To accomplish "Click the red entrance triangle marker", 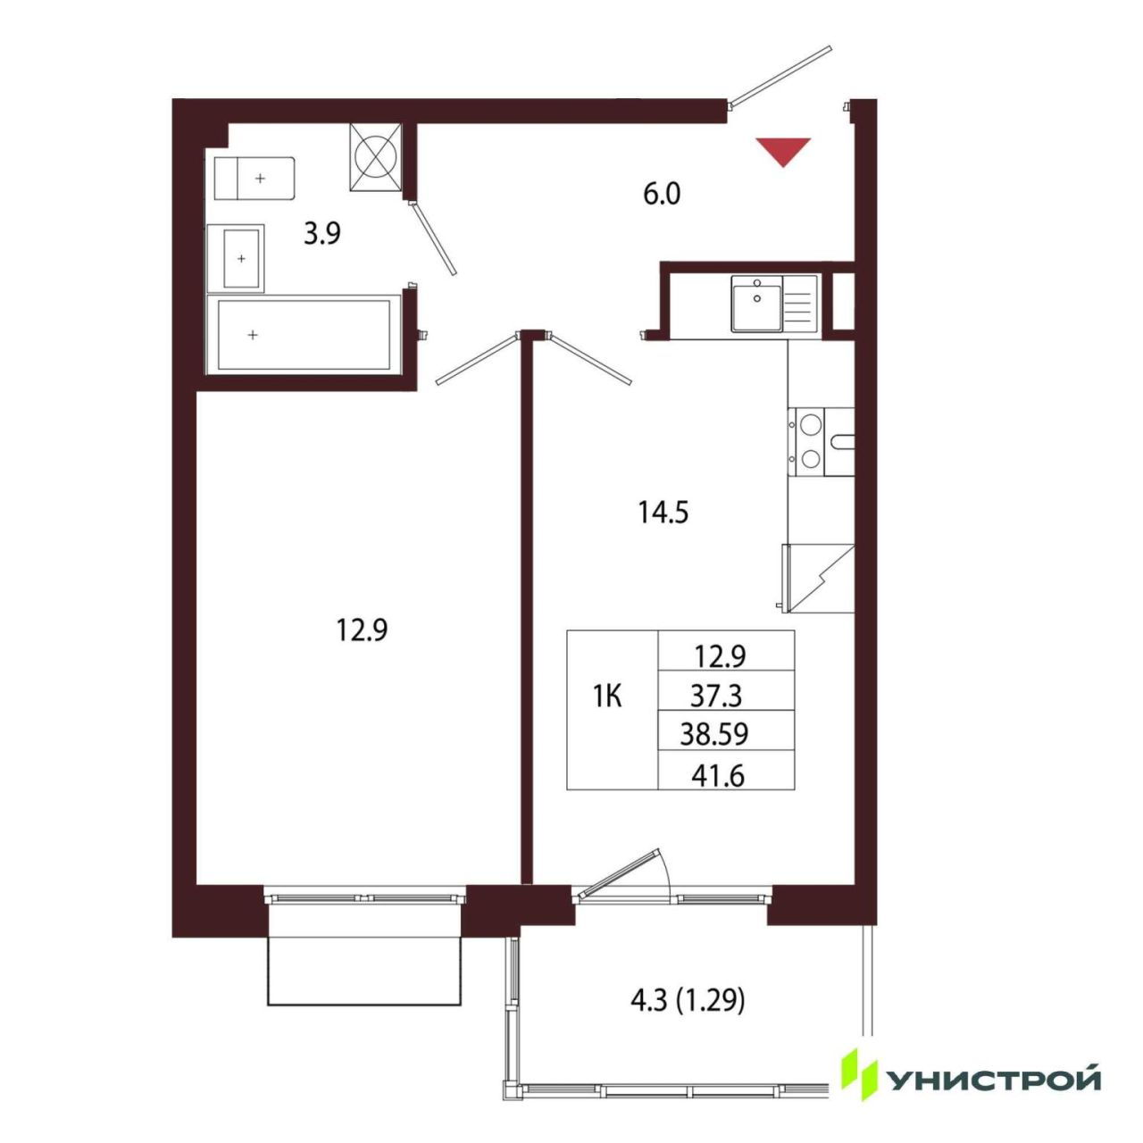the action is coord(783,148).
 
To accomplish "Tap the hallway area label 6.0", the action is coord(662,194).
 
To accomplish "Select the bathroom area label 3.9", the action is coord(322,234).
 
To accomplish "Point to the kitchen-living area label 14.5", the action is coord(663,513).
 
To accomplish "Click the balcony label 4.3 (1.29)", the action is coord(687,1002).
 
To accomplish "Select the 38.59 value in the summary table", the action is coord(714,735).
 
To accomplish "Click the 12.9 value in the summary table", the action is coord(720,656).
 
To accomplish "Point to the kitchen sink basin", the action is coord(756,303).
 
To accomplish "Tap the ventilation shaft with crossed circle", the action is coord(376,157).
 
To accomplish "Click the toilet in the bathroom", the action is coord(254,178).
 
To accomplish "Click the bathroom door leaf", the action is coord(433,238).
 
